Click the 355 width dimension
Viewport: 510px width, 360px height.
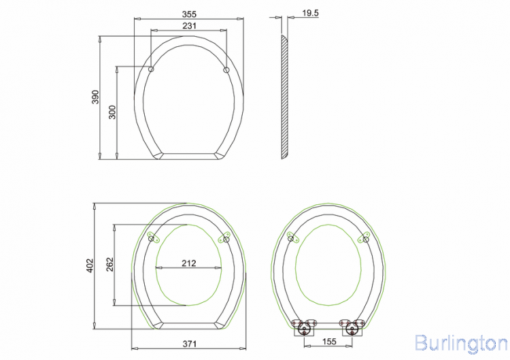click(189, 14)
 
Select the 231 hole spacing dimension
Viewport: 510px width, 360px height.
click(189, 26)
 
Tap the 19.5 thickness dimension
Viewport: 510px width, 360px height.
click(310, 13)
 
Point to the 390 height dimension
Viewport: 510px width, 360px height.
click(95, 97)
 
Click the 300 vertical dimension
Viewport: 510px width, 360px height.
click(112, 112)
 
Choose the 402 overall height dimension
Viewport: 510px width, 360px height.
click(90, 265)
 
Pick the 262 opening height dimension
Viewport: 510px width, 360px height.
click(110, 264)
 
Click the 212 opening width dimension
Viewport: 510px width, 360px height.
click(189, 263)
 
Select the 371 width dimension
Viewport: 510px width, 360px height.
click(189, 344)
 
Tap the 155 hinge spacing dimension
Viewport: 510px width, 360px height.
click(329, 342)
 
